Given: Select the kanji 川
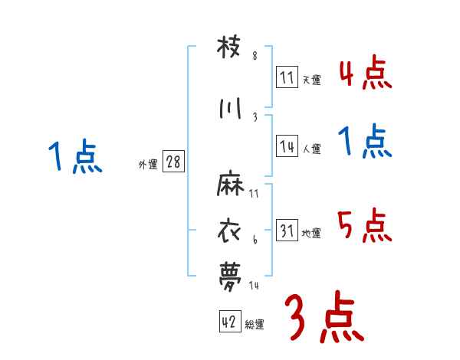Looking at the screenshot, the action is [x=231, y=109].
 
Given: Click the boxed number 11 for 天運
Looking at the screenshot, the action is [x=287, y=77].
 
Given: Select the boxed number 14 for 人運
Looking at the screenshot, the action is [x=287, y=147].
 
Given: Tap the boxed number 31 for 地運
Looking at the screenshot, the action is [x=287, y=231].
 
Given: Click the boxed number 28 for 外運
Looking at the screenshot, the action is [x=173, y=162].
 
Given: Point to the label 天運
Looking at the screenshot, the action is [x=311, y=80].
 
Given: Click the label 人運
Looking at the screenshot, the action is [x=311, y=149].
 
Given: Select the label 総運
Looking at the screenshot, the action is [x=255, y=325].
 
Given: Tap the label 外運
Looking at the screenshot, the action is [x=148, y=165].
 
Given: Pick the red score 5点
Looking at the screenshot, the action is [x=365, y=225].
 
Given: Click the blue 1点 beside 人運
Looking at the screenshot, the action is [x=365, y=142].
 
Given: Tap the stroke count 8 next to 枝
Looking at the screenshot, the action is [x=255, y=56].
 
